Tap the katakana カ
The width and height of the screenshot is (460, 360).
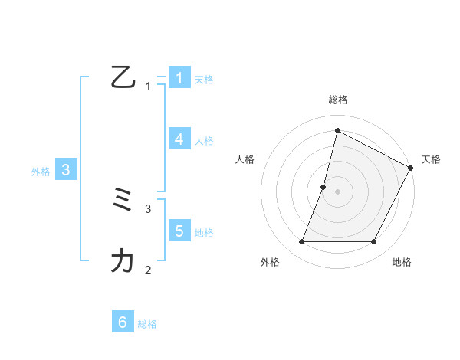tap(123, 261)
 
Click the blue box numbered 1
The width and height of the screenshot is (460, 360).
tap(179, 77)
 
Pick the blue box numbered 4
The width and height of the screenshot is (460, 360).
tap(179, 139)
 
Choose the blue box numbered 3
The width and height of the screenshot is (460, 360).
tap(66, 170)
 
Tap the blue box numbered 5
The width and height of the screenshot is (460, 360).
tap(179, 231)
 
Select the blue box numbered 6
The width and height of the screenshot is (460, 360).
tap(122, 322)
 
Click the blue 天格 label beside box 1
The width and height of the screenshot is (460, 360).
tap(204, 79)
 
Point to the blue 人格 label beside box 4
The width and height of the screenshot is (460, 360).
tap(204, 141)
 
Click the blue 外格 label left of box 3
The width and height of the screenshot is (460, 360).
tap(41, 172)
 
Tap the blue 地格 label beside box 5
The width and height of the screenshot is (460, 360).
tap(204, 232)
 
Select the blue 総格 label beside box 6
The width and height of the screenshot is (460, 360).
tap(147, 324)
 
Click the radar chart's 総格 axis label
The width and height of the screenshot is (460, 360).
tap(337, 100)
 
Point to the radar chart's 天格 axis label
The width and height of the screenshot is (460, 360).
tap(431, 159)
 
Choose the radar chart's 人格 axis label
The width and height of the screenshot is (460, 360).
tap(245, 159)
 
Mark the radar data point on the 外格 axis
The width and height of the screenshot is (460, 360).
tap(301, 241)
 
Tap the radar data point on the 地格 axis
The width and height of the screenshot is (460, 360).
tap(373, 241)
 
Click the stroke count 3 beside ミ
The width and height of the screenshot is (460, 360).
tap(148, 208)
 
